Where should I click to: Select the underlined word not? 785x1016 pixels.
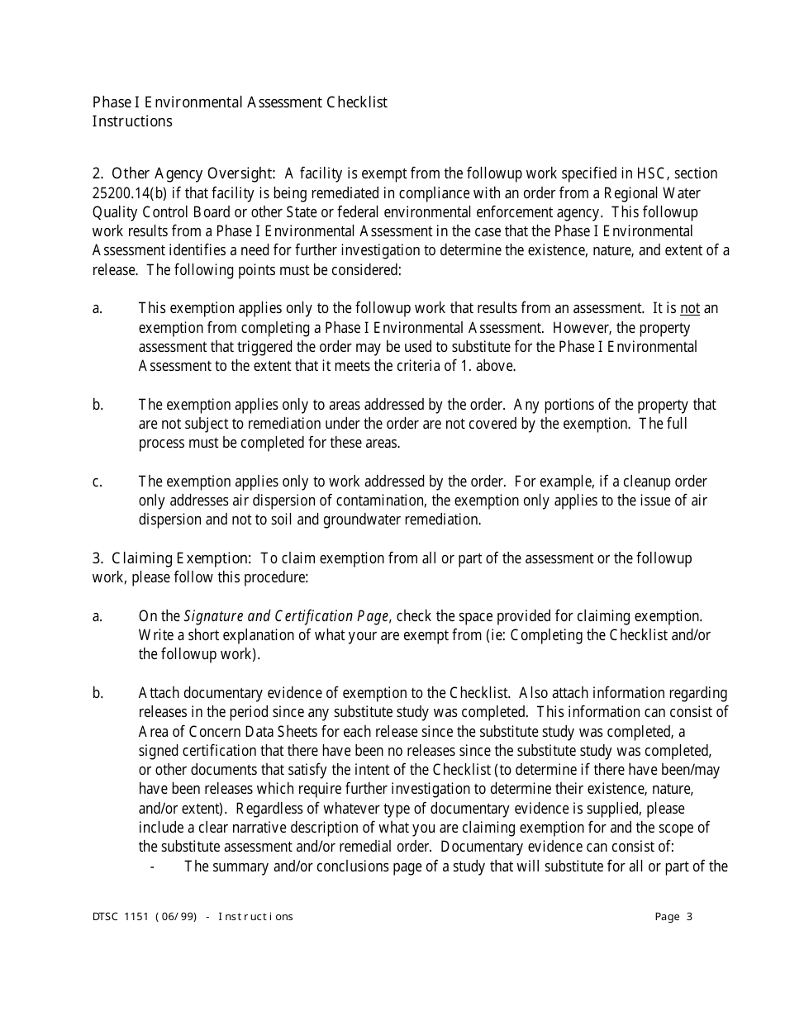[x=689, y=308]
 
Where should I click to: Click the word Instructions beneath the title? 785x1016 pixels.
[x=132, y=121]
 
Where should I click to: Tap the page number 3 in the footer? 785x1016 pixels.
[x=689, y=916]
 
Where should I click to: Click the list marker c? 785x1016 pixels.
[x=98, y=481]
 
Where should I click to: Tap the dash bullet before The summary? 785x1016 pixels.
[x=153, y=866]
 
